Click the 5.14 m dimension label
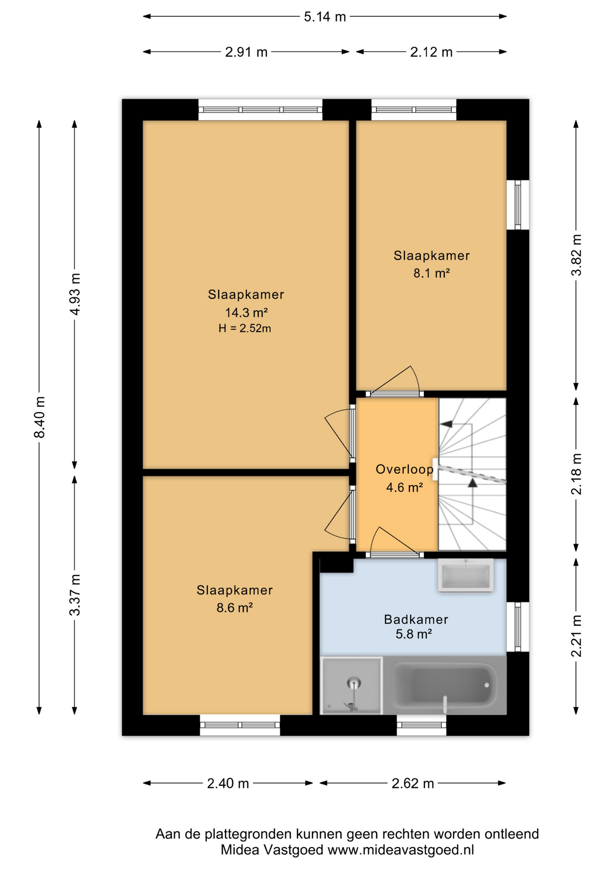[325, 17]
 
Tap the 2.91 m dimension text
[246, 53]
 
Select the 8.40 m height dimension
[40, 417]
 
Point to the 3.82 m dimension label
[576, 255]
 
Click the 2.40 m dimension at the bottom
[228, 783]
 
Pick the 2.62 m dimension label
[413, 783]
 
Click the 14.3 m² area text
[246, 312]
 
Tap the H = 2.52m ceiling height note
[245, 329]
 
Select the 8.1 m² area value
[431, 273]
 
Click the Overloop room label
[404, 469]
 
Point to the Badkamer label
[416, 619]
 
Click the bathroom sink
[466, 575]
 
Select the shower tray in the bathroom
[351, 685]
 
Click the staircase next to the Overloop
[472, 474]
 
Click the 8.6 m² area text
[234, 607]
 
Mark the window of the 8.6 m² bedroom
[240, 725]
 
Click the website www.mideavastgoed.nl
[401, 850]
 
